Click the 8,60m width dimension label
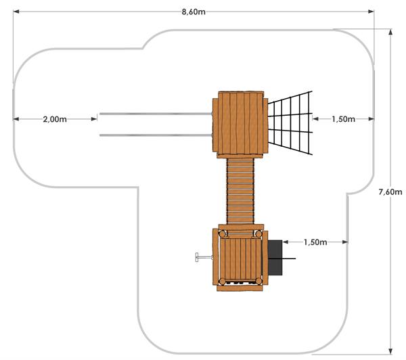coord(194,12)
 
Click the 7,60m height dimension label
coord(390,192)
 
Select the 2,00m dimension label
coord(55,119)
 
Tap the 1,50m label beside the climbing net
coord(343,119)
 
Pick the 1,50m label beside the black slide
coord(315,242)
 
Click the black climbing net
coord(290,123)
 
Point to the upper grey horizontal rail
coord(156,114)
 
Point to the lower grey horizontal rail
coord(156,135)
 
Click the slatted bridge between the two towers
coord(240,191)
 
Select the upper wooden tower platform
coord(240,125)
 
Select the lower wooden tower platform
coord(240,258)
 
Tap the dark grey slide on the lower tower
coord(275,258)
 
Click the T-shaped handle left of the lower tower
coord(204,257)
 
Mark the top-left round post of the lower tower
coord(223,234)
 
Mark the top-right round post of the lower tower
coord(258,234)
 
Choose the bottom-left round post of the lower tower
coord(222,282)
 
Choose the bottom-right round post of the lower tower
coord(258,281)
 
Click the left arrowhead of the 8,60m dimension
coord(16,12)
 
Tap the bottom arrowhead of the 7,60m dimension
coord(390,351)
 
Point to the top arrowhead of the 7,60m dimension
coord(390,32)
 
